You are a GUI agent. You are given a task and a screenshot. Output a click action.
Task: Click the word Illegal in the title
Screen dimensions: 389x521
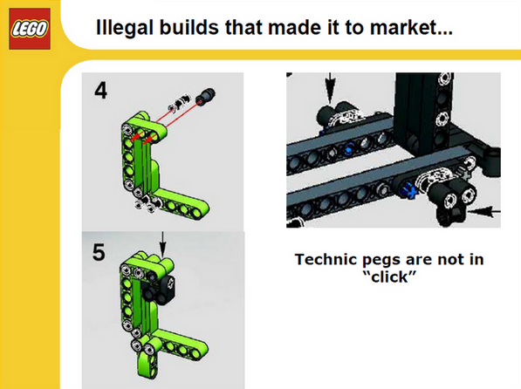(x=124, y=28)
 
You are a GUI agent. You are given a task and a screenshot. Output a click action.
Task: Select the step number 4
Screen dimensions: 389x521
(x=100, y=91)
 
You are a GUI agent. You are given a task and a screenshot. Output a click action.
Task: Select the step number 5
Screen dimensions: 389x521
(x=99, y=254)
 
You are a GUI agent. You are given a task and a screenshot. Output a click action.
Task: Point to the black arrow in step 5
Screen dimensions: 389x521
(x=162, y=242)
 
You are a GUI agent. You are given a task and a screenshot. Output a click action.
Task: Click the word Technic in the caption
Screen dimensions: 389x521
(x=324, y=259)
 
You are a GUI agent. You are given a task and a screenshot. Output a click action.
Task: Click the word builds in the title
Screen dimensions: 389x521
(x=201, y=28)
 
